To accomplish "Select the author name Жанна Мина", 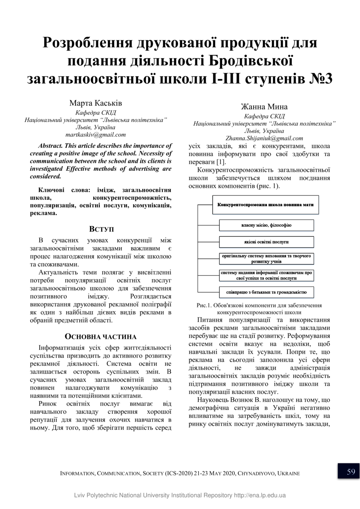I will [x=264, y=107].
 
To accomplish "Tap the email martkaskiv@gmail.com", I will [x=96, y=134].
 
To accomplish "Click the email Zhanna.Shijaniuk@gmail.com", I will [x=264, y=138].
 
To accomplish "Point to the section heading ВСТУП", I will [x=101, y=229].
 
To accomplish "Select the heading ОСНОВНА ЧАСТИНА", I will [x=101, y=337].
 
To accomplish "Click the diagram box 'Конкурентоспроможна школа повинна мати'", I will [x=266, y=204].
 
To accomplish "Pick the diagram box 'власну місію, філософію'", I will [x=266, y=225].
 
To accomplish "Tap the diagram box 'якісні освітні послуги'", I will [x=266, y=242].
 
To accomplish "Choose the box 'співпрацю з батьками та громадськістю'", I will [x=266, y=292].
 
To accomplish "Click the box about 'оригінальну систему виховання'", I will [x=266, y=258].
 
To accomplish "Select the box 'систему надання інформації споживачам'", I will [x=266, y=275].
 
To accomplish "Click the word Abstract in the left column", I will [x=50, y=146].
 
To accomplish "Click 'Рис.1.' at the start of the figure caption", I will [x=204, y=305].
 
